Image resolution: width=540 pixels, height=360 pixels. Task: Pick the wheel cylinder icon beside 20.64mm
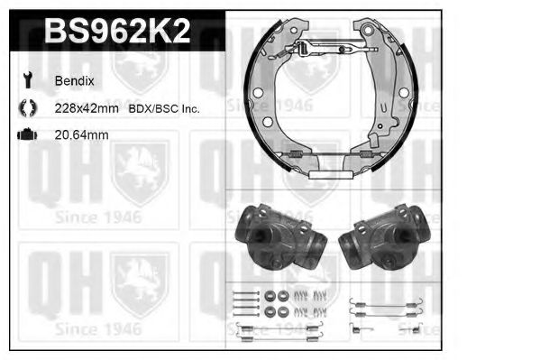tap(26, 134)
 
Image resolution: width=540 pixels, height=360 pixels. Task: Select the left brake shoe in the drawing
tap(267, 99)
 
